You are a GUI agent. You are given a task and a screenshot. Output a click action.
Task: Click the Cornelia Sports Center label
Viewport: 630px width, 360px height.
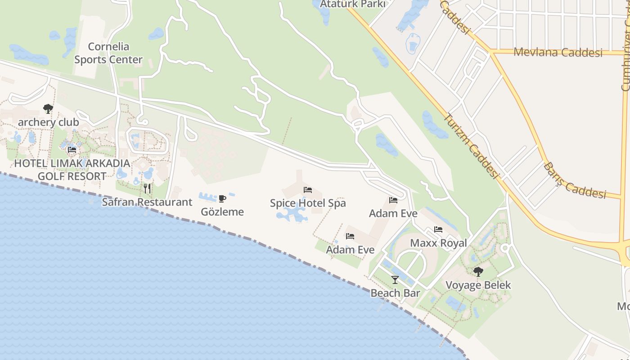coord(108,53)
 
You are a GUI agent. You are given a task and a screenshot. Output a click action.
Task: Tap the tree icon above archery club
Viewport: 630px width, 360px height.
coord(48,109)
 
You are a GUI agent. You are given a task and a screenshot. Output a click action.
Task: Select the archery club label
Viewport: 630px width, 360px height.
coord(48,122)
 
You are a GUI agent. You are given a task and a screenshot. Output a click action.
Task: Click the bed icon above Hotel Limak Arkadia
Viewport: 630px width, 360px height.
coord(72,150)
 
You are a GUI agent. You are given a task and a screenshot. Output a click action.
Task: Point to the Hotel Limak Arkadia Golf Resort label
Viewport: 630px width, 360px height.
coord(72,170)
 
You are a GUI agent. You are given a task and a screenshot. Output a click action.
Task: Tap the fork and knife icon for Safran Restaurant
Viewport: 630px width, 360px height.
coord(147,189)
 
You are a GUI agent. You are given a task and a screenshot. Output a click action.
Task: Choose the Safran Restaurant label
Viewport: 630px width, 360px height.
coord(147,202)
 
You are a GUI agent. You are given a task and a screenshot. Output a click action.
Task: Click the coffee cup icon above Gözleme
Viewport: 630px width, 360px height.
coord(222,198)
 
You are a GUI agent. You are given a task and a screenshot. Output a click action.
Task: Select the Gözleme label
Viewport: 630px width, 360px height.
coord(222,212)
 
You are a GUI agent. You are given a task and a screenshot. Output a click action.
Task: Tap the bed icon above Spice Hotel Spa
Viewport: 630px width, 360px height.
coord(308,190)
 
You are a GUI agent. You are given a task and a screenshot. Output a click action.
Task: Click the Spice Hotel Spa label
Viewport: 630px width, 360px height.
coord(308,203)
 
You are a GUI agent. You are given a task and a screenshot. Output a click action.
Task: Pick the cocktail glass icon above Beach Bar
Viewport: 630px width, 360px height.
coord(395,280)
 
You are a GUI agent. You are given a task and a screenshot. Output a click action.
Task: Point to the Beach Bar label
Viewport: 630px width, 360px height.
coord(395,293)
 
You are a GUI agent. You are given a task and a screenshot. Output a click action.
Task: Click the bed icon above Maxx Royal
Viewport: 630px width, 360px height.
coord(438,229)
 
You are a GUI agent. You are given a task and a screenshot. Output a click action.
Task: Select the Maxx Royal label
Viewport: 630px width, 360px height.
coord(438,243)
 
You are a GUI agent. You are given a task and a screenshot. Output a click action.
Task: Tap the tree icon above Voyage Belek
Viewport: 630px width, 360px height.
coord(478,271)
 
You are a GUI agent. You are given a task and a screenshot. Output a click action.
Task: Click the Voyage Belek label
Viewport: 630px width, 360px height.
coord(478,285)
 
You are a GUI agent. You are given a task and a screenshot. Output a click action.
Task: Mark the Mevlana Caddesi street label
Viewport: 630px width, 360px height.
coord(558,52)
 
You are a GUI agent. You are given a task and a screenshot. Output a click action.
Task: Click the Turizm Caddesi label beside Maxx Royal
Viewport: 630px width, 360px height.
coord(471,146)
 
